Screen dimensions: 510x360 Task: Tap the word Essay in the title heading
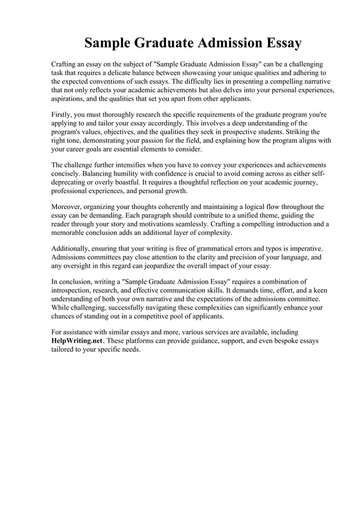tap(279, 43)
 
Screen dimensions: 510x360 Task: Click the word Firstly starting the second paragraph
tap(63, 114)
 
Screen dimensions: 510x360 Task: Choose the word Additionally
tap(72, 249)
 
